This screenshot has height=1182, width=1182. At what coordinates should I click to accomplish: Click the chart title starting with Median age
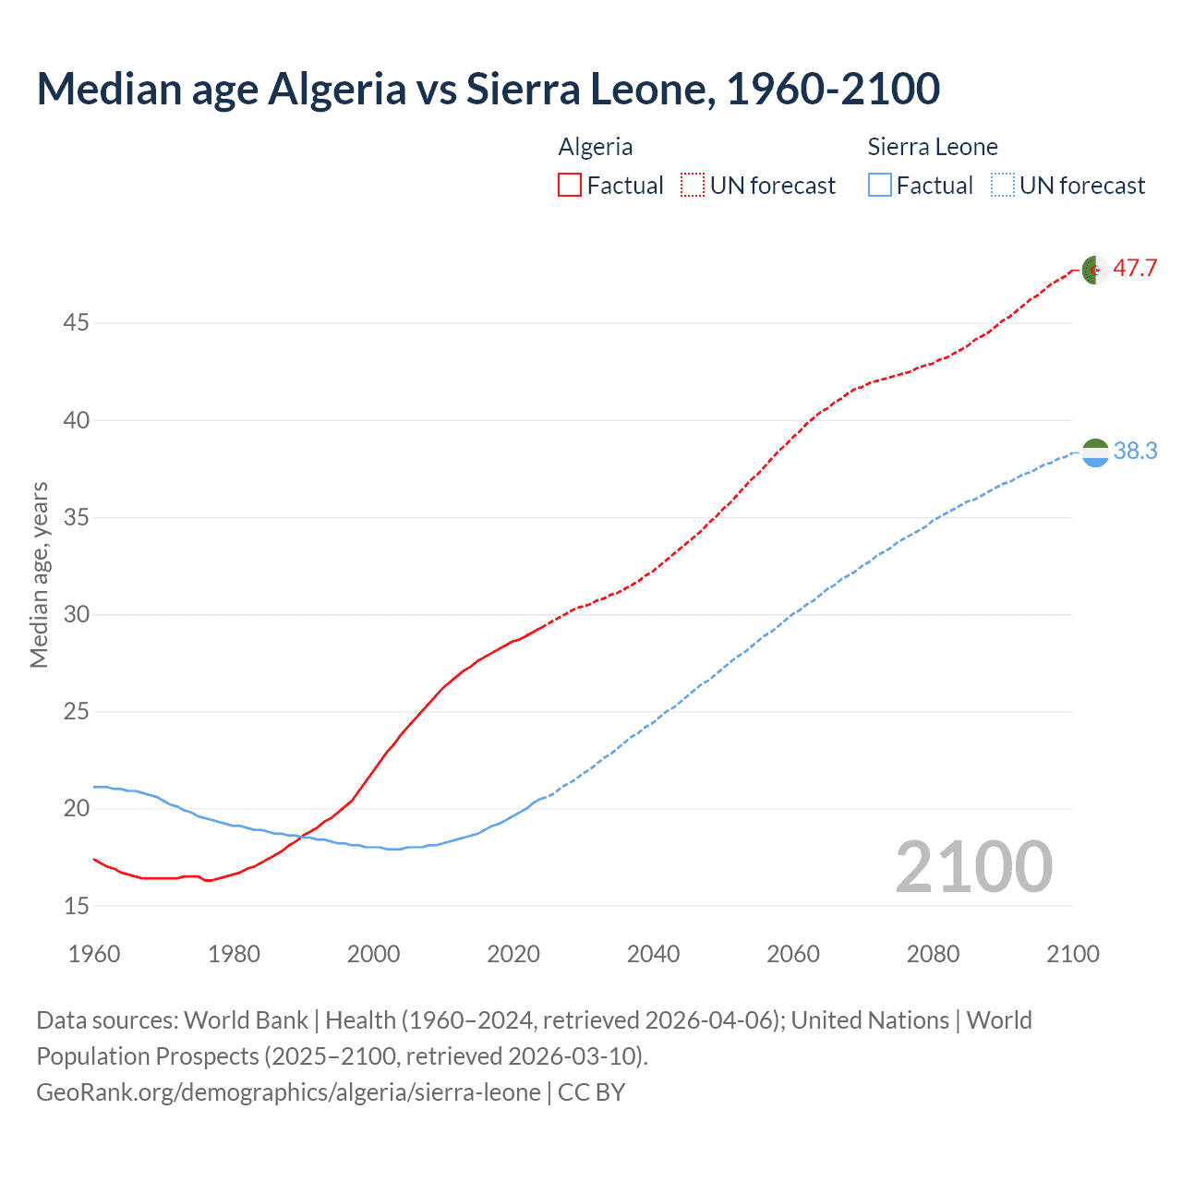click(x=488, y=90)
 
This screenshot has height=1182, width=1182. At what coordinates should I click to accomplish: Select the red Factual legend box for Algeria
click(x=570, y=186)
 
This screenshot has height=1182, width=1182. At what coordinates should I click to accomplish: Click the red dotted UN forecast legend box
click(x=693, y=186)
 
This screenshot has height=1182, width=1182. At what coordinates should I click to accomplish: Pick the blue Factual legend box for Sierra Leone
click(x=880, y=186)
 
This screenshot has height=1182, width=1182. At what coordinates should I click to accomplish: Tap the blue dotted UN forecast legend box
click(x=1003, y=186)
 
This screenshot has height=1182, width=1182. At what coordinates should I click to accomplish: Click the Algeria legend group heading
click(x=596, y=147)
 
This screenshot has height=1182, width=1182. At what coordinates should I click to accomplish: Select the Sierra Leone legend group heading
click(x=933, y=147)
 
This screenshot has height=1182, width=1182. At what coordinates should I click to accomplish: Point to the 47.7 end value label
click(x=1135, y=269)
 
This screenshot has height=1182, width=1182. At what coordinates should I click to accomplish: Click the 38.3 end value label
click(x=1135, y=451)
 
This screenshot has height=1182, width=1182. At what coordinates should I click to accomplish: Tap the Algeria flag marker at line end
click(x=1094, y=270)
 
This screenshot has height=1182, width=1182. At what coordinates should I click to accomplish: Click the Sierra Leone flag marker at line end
click(x=1094, y=452)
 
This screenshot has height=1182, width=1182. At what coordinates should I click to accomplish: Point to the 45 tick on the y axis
click(x=76, y=323)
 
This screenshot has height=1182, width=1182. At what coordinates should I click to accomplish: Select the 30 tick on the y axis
click(x=76, y=614)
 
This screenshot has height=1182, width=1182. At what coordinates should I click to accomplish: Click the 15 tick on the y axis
click(x=76, y=906)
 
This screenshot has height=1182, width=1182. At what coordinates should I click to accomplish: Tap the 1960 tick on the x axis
click(x=94, y=954)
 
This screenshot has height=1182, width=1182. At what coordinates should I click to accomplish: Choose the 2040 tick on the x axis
click(x=653, y=954)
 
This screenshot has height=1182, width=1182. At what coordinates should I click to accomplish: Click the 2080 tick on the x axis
click(x=933, y=954)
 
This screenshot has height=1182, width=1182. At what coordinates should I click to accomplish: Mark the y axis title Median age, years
click(x=39, y=574)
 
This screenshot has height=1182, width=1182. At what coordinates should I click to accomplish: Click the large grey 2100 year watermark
click(x=973, y=867)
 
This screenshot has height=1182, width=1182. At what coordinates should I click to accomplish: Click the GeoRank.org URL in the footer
click(x=288, y=1092)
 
